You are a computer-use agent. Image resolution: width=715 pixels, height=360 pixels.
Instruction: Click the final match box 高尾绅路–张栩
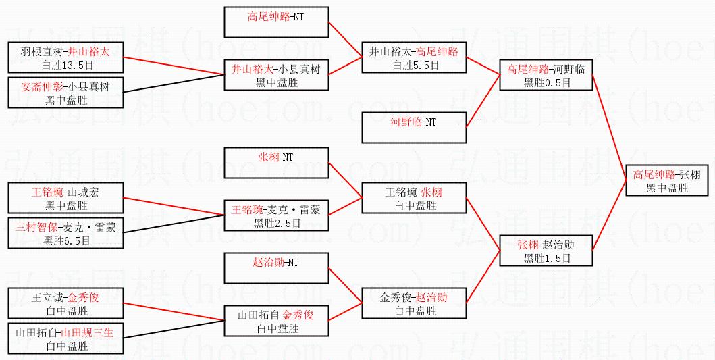(667, 181)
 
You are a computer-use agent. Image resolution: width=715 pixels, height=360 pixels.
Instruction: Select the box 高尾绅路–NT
(276, 21)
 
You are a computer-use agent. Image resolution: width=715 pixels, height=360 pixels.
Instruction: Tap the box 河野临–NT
(413, 128)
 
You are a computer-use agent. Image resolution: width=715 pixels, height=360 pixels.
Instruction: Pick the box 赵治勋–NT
(276, 269)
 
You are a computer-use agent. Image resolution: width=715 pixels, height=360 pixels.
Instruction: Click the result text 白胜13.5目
(65, 65)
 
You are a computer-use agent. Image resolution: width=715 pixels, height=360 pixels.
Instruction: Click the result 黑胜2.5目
(277, 224)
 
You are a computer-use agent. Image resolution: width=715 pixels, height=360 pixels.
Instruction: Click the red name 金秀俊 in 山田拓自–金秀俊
(298, 315)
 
